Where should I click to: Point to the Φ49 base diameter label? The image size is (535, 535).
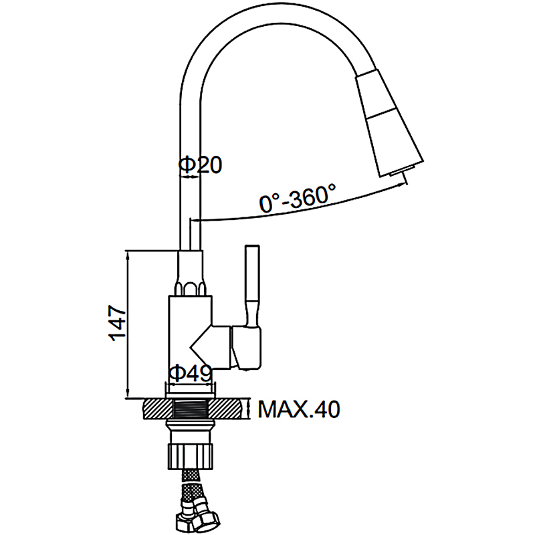click(x=190, y=372)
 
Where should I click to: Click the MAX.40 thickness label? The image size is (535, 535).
click(x=299, y=408)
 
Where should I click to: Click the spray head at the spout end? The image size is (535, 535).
click(x=388, y=127)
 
